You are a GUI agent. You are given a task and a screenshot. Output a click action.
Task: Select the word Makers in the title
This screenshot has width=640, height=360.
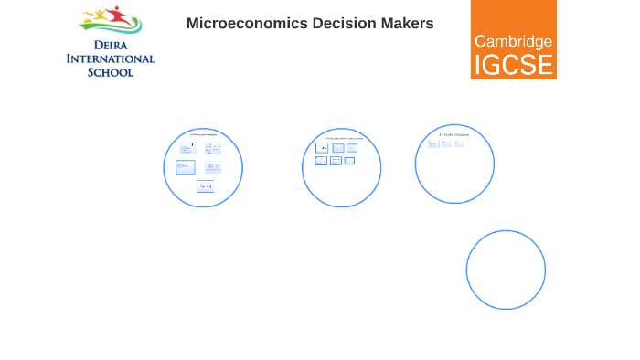click(402, 24)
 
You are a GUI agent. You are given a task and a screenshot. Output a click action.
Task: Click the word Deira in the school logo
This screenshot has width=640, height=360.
click(110, 43)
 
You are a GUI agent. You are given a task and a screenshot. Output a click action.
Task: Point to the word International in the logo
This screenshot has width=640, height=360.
click(110, 58)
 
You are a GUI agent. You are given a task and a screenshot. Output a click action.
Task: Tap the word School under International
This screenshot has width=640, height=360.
click(110, 71)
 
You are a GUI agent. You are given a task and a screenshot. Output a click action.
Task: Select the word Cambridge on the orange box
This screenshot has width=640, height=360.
click(513, 41)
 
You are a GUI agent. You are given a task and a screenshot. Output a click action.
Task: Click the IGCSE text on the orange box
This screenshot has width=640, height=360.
click(513, 65)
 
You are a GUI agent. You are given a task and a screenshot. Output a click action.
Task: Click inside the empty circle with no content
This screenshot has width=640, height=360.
click(506, 270)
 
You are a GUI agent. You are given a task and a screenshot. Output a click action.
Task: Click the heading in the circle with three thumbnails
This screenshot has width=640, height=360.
click(453, 135)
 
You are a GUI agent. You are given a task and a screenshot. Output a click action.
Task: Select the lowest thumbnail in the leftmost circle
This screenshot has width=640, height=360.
click(205, 185)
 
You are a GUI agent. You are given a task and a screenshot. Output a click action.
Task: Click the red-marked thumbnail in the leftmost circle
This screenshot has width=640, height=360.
click(187, 148)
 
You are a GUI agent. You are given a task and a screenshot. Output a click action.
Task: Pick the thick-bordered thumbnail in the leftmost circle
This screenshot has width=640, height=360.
click(186, 167)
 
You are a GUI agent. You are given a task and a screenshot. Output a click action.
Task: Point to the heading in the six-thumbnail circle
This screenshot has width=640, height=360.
click(342, 138)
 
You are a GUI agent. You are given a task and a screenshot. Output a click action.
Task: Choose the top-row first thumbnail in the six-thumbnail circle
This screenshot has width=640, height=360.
click(323, 148)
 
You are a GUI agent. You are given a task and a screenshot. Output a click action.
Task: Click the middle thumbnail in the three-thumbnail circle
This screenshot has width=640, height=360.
click(445, 143)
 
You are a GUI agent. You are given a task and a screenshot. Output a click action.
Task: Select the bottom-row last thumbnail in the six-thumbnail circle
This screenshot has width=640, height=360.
click(349, 161)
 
